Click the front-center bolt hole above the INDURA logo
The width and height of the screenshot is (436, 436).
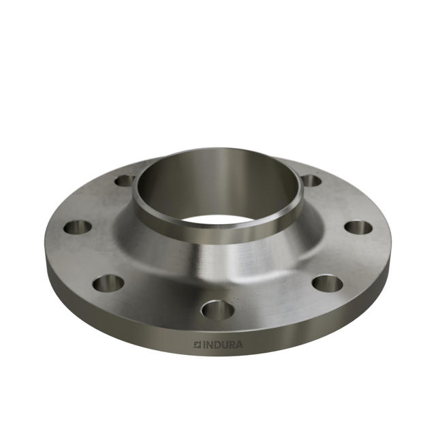click(x=218, y=311)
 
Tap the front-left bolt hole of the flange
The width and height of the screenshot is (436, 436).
click(x=108, y=282)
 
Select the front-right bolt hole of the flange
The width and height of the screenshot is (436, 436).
click(x=327, y=283)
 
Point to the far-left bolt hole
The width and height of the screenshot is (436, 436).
click(x=78, y=227)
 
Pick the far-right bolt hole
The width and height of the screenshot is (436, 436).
click(x=358, y=227)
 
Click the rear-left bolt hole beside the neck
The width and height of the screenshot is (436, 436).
click(x=125, y=181)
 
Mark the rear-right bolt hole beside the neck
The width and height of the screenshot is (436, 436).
click(x=311, y=181)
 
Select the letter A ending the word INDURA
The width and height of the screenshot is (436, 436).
click(x=238, y=345)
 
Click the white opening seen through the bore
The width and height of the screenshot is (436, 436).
click(x=218, y=220)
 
